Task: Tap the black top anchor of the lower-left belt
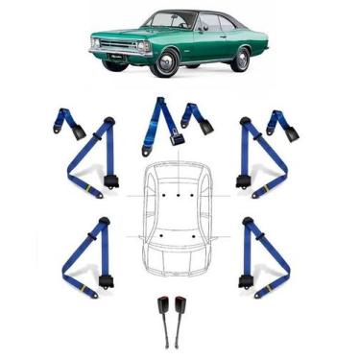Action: tap(104, 224)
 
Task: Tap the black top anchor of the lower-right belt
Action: tap(249, 224)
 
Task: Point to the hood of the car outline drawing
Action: tap(180, 260)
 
